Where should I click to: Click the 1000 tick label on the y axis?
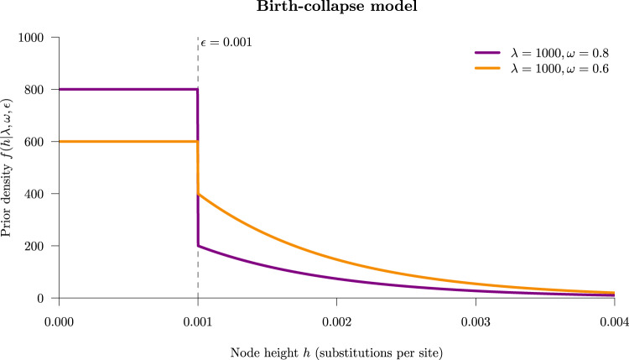point(33,37)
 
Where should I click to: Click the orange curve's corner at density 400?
point(199,194)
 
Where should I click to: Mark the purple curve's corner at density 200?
point(199,246)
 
